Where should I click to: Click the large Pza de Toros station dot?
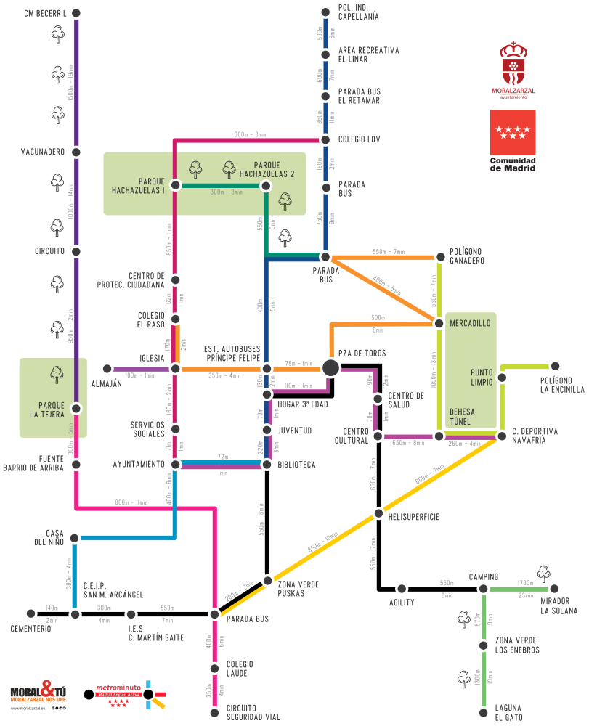click(330, 368)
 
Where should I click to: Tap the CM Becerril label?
click(44, 13)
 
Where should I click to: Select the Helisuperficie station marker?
click(378, 514)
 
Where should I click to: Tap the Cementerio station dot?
click(31, 614)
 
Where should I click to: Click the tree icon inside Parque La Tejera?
click(57, 375)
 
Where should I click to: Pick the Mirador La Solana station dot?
click(555, 589)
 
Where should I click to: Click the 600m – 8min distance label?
click(250, 134)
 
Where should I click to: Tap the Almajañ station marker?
click(107, 369)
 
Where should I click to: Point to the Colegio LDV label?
click(359, 139)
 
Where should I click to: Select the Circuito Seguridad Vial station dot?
click(214, 713)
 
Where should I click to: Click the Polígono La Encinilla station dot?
click(555, 366)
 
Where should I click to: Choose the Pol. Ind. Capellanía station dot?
click(325, 12)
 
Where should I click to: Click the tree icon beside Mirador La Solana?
click(543, 574)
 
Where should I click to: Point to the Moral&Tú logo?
click(38, 692)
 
